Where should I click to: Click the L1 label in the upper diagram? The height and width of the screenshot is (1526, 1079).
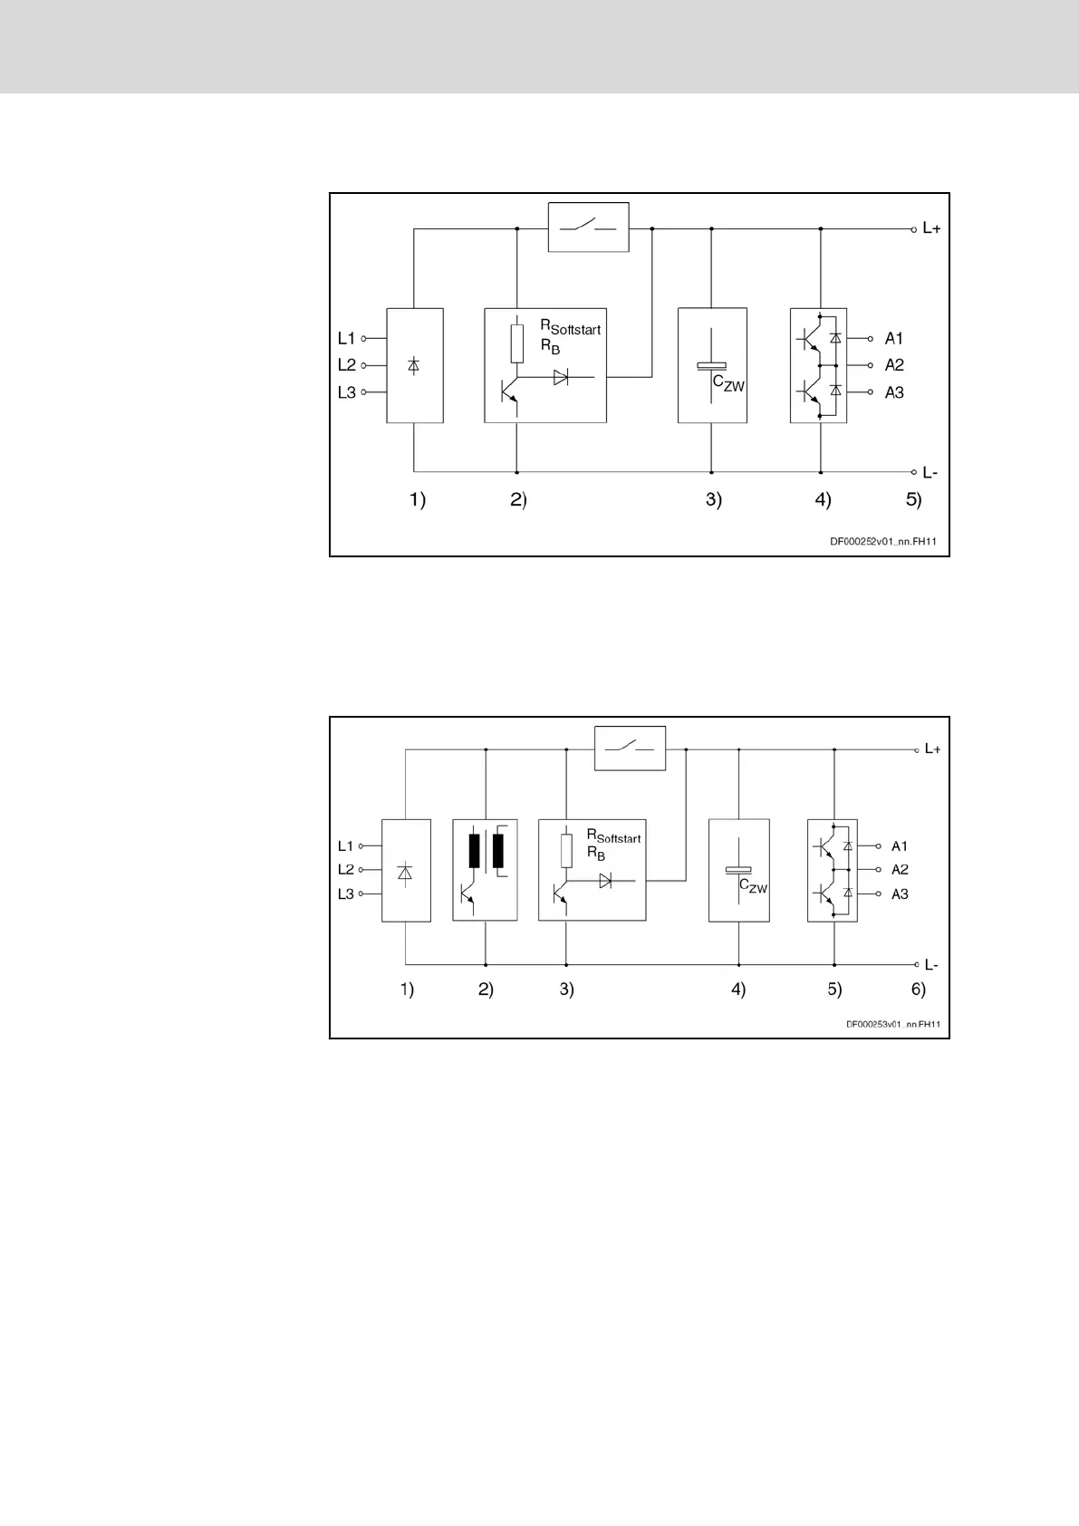click(346, 339)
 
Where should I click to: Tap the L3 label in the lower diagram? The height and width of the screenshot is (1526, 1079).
click(345, 894)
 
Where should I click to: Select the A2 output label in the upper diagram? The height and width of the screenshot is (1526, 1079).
click(894, 365)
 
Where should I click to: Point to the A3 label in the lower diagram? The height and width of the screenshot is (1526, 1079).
click(900, 894)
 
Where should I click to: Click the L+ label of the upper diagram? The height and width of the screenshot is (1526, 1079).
click(931, 229)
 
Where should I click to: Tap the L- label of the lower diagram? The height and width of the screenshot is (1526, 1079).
click(931, 965)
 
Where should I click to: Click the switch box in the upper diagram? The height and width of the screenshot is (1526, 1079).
click(589, 227)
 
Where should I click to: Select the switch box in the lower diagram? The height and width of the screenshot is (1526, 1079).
click(630, 749)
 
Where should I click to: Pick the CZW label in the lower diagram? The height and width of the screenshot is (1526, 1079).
click(753, 886)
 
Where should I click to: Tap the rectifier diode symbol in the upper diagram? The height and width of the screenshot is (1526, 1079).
click(414, 365)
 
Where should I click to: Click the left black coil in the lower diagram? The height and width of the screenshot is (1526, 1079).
click(474, 852)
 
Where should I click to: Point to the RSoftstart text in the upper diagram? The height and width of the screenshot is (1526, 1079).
click(571, 327)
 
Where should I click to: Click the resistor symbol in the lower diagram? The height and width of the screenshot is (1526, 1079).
click(566, 850)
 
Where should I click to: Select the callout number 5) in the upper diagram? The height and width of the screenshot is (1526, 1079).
click(913, 499)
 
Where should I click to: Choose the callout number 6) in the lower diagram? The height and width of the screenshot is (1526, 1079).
click(919, 990)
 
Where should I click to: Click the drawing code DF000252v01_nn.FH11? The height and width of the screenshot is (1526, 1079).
click(883, 542)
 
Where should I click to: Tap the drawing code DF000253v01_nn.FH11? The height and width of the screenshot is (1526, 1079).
click(893, 1024)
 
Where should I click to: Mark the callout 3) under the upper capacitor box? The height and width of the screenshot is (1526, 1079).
click(714, 499)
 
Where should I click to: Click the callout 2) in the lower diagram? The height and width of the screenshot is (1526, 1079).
click(486, 990)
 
